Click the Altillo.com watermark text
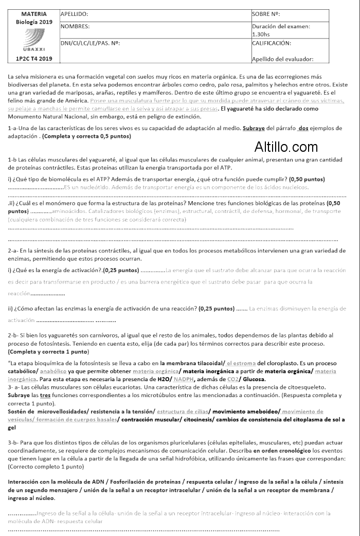pos(286,148)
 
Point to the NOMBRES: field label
pos(75,26)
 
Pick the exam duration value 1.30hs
pos(262,34)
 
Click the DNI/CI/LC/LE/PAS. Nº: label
pos(90,43)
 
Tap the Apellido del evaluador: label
pos(282,59)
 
